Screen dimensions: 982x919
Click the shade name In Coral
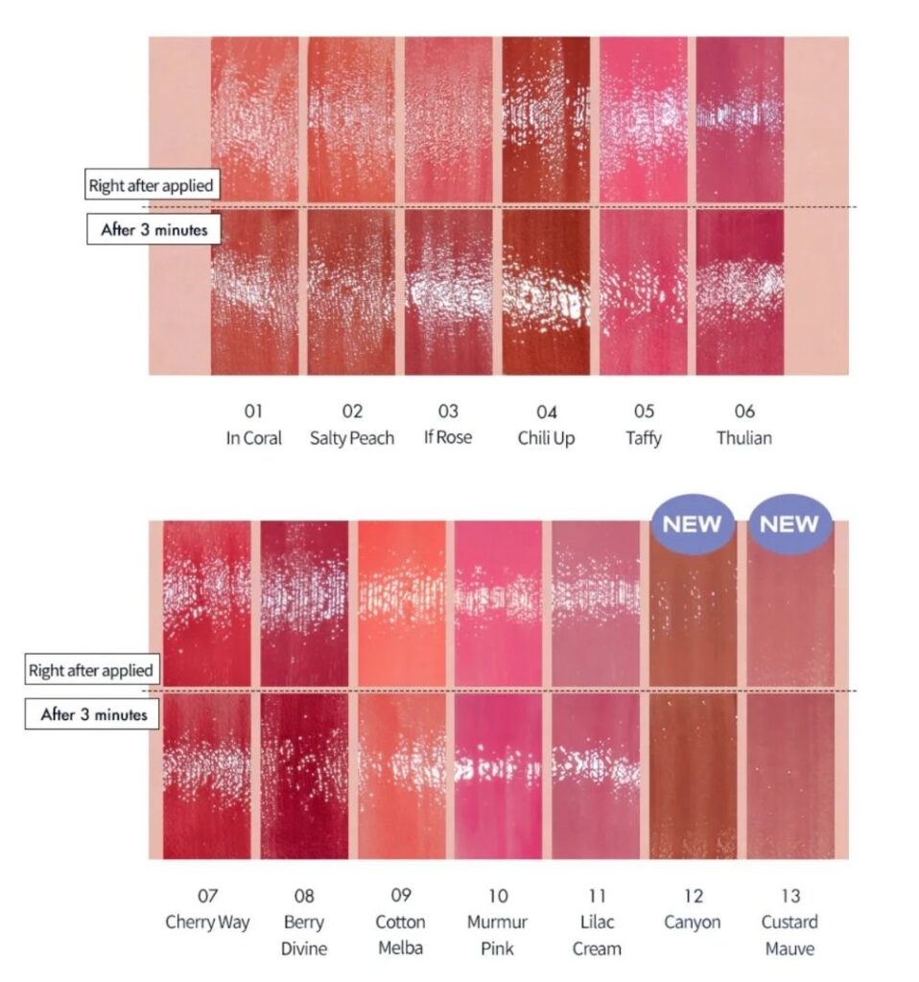(x=254, y=438)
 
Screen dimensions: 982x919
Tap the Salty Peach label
(x=352, y=438)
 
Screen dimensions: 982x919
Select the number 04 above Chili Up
(x=547, y=412)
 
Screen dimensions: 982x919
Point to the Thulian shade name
(x=743, y=438)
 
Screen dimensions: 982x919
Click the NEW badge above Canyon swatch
(x=693, y=524)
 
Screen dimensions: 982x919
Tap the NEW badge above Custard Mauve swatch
(x=790, y=524)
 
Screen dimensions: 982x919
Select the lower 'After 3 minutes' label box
(x=93, y=714)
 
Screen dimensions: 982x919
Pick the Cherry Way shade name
(x=207, y=923)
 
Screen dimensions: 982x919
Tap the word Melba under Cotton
(x=401, y=948)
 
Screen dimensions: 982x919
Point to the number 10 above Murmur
(x=498, y=897)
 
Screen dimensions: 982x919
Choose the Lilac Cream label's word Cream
(x=597, y=948)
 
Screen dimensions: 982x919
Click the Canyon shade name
(x=693, y=923)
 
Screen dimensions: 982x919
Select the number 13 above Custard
(x=790, y=897)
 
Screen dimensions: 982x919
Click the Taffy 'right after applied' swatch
(x=644, y=120)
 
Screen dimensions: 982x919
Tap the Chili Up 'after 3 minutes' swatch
(x=547, y=292)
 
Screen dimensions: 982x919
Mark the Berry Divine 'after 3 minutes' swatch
(x=304, y=777)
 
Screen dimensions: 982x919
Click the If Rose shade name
(x=448, y=438)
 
